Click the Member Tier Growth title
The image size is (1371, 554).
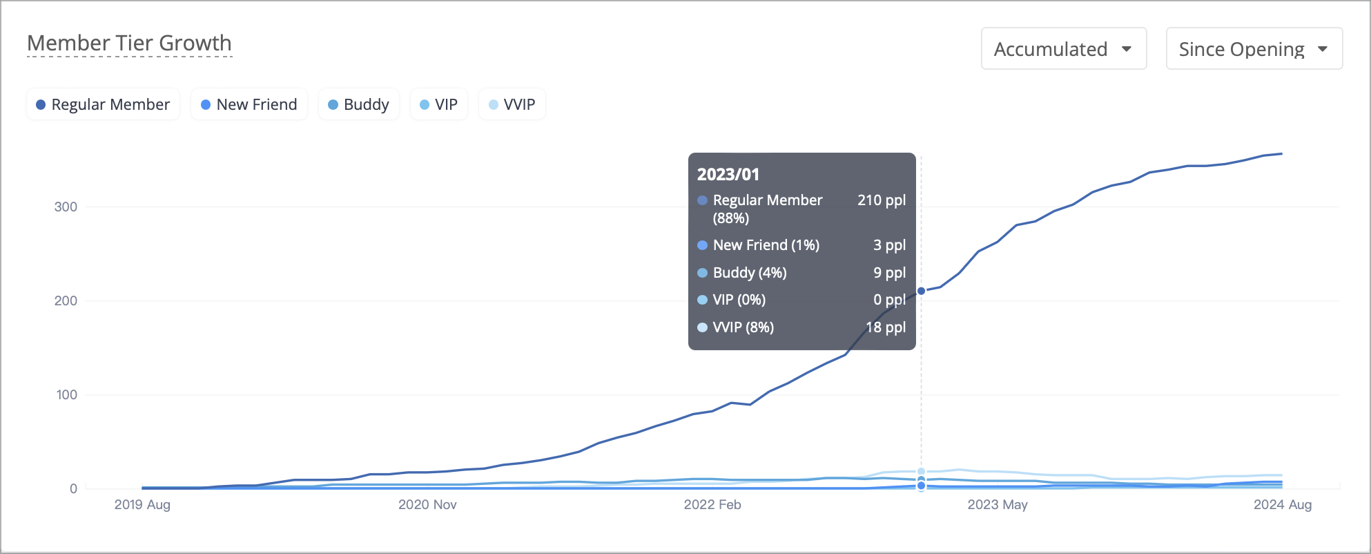[129, 43]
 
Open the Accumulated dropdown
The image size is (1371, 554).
[1063, 49]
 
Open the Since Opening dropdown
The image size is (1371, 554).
[1253, 49]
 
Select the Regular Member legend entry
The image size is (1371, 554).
[103, 104]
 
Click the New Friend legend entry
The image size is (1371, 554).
[249, 104]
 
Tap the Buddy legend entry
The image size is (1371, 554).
[359, 104]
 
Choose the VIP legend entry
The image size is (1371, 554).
[439, 104]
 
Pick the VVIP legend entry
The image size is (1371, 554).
[512, 104]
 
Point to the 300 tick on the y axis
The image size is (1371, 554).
[66, 207]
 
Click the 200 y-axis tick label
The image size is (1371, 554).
[66, 301]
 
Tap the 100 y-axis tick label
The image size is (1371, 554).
[66, 395]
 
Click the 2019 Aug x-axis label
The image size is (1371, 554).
[142, 505]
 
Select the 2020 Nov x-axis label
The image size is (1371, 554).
[427, 505]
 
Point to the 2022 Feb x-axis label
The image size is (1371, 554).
[712, 505]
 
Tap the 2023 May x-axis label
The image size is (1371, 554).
[998, 505]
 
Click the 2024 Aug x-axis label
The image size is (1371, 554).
[1283, 505]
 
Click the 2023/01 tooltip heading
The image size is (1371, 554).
[728, 174]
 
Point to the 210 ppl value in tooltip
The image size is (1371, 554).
[882, 200]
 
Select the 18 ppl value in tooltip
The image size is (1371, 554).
[886, 327]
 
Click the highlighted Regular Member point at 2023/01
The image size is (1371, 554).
[921, 291]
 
